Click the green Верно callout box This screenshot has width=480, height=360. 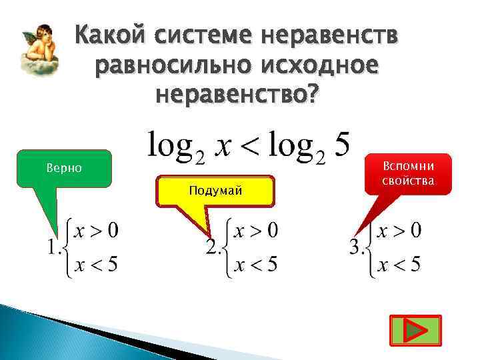click(65, 167)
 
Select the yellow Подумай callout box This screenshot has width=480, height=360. click(215, 191)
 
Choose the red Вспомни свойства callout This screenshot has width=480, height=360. click(408, 174)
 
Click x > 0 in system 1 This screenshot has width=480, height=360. click(97, 231)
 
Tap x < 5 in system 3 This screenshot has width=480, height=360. click(399, 265)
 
